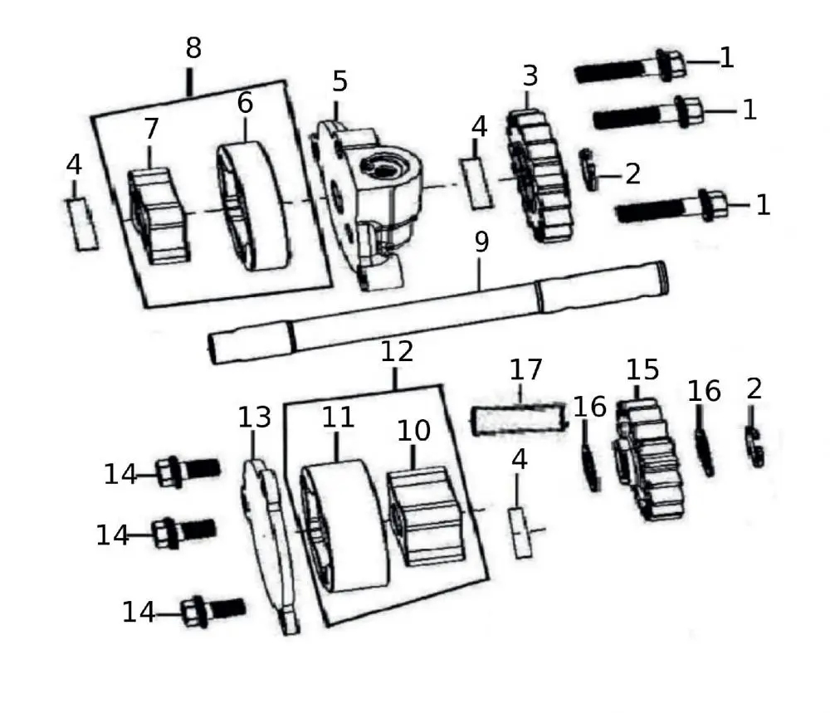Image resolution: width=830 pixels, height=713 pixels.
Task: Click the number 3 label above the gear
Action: point(530,76)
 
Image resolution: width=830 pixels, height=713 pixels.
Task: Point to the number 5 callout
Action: point(339,82)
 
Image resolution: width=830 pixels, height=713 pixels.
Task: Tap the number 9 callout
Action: point(481,243)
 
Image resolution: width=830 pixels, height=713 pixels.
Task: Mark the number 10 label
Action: point(413,431)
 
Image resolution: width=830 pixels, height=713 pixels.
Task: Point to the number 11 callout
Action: point(339,418)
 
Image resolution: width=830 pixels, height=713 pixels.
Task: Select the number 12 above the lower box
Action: point(396,352)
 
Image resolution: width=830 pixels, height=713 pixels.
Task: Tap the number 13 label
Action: point(255,418)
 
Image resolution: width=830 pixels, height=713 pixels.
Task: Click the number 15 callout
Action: point(642,369)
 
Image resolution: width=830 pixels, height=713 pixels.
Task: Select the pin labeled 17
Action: point(520,418)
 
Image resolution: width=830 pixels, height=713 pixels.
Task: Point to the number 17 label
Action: point(525,369)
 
